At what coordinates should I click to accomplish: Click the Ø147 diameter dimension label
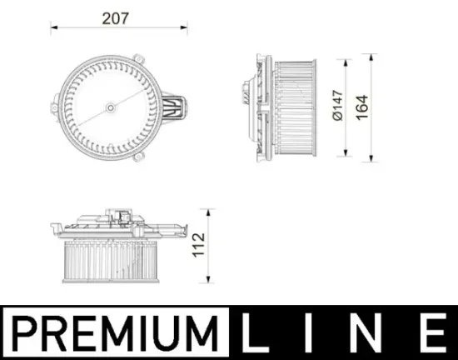point(337,107)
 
